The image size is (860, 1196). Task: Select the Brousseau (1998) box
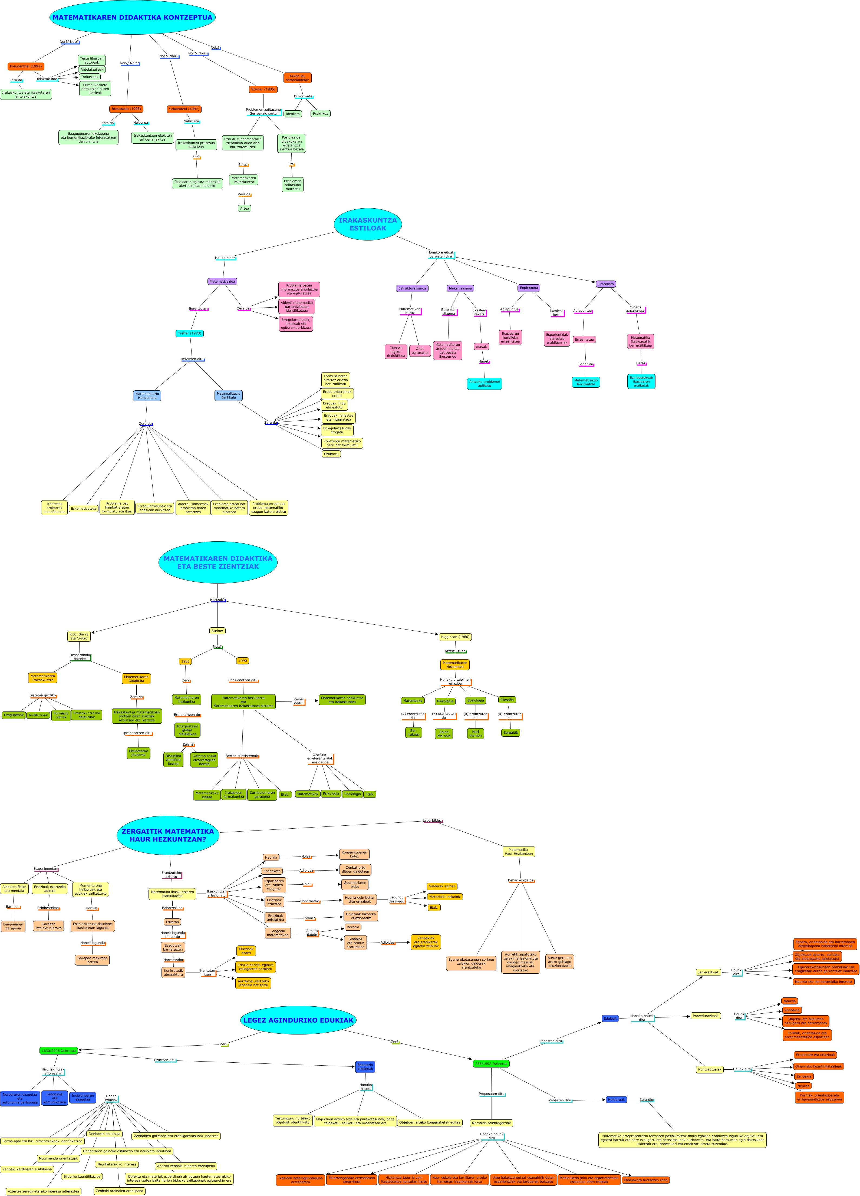point(126,109)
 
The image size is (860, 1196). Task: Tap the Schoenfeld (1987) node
point(184,109)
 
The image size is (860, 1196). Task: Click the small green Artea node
point(244,208)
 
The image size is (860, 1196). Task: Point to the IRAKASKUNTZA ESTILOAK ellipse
point(368,224)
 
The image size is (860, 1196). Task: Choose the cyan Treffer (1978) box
point(189,333)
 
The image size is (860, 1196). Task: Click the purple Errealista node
point(605,284)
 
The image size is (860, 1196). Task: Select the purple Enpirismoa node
point(528,288)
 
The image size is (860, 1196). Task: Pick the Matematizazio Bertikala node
point(228,396)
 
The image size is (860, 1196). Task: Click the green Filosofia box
point(507,700)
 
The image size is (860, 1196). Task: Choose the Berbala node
point(353,927)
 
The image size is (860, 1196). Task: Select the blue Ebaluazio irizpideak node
point(365,1067)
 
